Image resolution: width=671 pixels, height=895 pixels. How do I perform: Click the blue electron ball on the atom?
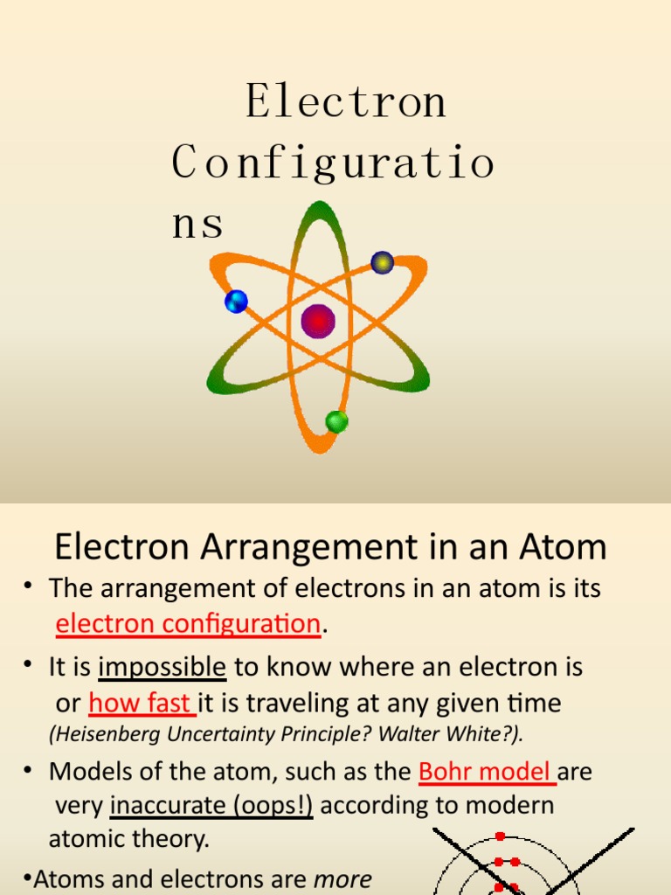236,302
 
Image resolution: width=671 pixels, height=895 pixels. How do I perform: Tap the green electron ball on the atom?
336,421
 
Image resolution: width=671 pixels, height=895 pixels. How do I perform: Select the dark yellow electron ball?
382,262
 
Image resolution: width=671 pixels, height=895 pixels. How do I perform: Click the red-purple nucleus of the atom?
318,321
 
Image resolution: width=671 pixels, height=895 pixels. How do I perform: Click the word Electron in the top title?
346,101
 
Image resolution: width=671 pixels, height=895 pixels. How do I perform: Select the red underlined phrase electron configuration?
188,624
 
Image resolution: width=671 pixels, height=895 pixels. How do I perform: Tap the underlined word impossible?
163,668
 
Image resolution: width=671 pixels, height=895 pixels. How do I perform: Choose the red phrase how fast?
141,704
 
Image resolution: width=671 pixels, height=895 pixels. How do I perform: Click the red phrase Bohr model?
485,772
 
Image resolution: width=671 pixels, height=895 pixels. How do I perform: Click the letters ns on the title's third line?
197,224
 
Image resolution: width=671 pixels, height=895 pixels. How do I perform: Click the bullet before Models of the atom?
31,772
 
